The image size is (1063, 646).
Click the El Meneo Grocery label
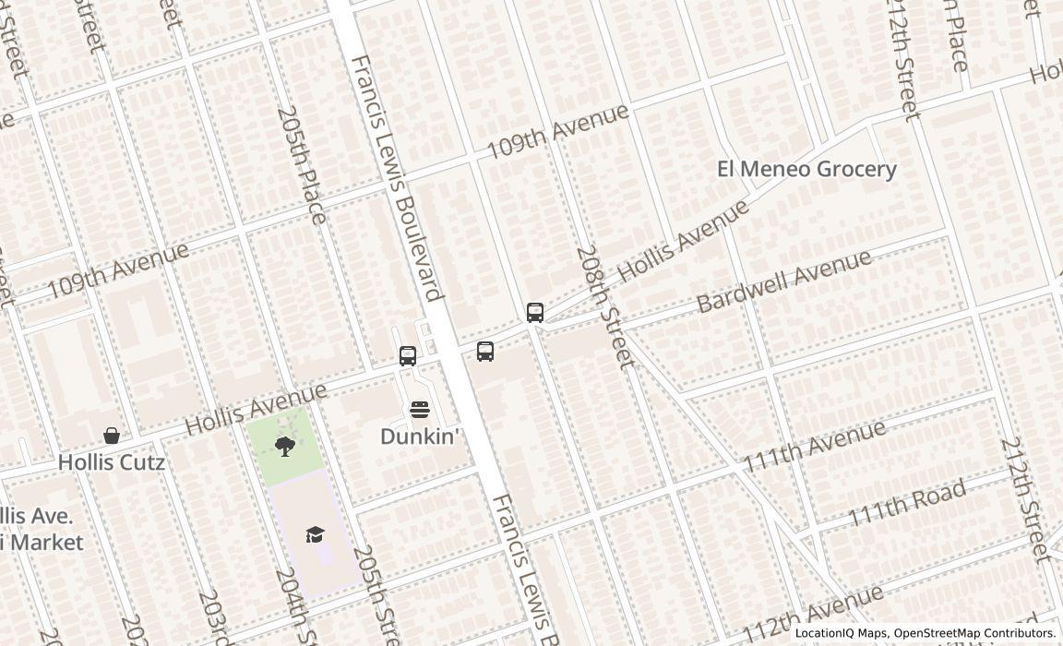click(806, 169)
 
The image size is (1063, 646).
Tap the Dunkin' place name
click(419, 437)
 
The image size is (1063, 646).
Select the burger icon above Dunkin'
click(419, 410)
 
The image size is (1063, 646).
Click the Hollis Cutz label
click(112, 462)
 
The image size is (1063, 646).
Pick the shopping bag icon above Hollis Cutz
click(112, 436)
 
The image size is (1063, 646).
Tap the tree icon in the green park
click(285, 447)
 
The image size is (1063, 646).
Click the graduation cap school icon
click(316, 534)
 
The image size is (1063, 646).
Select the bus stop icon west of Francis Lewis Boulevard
click(408, 355)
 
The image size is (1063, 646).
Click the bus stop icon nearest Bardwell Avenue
click(535, 312)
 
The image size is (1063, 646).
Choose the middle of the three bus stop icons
click(485, 351)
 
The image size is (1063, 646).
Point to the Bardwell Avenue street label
click(783, 280)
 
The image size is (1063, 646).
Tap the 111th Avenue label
click(815, 445)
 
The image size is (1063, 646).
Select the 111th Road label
click(907, 502)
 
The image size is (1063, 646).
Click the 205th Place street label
click(302, 164)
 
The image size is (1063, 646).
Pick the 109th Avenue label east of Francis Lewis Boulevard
click(557, 130)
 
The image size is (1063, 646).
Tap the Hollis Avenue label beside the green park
click(257, 409)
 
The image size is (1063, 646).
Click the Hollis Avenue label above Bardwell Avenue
click(682, 241)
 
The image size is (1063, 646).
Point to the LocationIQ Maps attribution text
click(925, 633)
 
